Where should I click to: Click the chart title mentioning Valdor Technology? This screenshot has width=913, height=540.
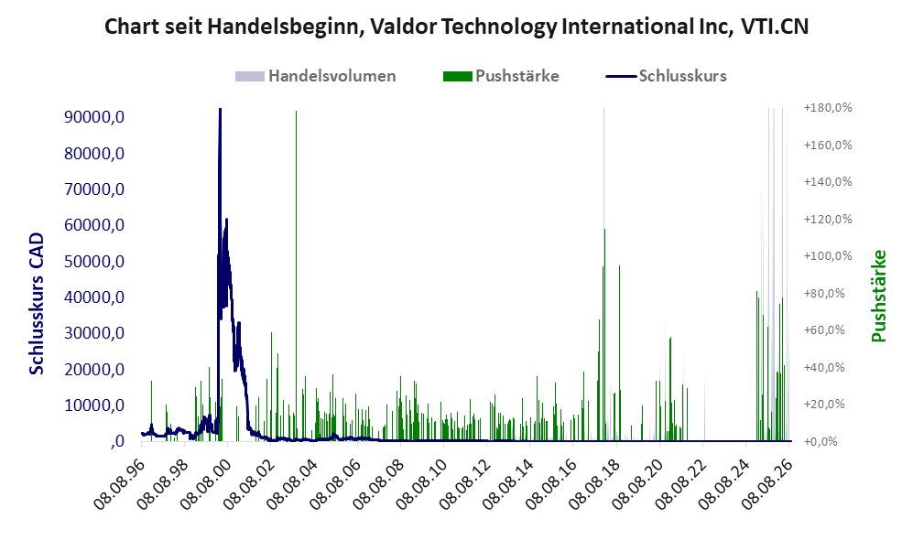pos(456,27)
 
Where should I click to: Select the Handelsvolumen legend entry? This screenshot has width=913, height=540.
pos(316,76)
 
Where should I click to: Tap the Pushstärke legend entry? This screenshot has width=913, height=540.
pos(501,76)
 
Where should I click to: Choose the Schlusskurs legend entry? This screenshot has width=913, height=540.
pos(666,76)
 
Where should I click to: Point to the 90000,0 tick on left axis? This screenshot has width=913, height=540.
pos(94,117)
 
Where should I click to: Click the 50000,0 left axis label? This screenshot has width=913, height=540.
pos(94,261)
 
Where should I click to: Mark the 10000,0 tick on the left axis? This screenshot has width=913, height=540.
pos(94,405)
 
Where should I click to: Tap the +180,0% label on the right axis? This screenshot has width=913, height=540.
pos(828,108)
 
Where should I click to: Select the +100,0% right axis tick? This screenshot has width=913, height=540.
pos(828,256)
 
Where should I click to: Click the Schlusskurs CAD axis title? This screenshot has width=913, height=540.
pos(37,303)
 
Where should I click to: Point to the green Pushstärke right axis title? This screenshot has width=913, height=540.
pos(878,297)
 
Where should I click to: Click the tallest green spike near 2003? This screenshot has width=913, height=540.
pos(296,275)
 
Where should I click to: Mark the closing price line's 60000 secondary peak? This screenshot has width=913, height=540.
pos(226,220)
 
